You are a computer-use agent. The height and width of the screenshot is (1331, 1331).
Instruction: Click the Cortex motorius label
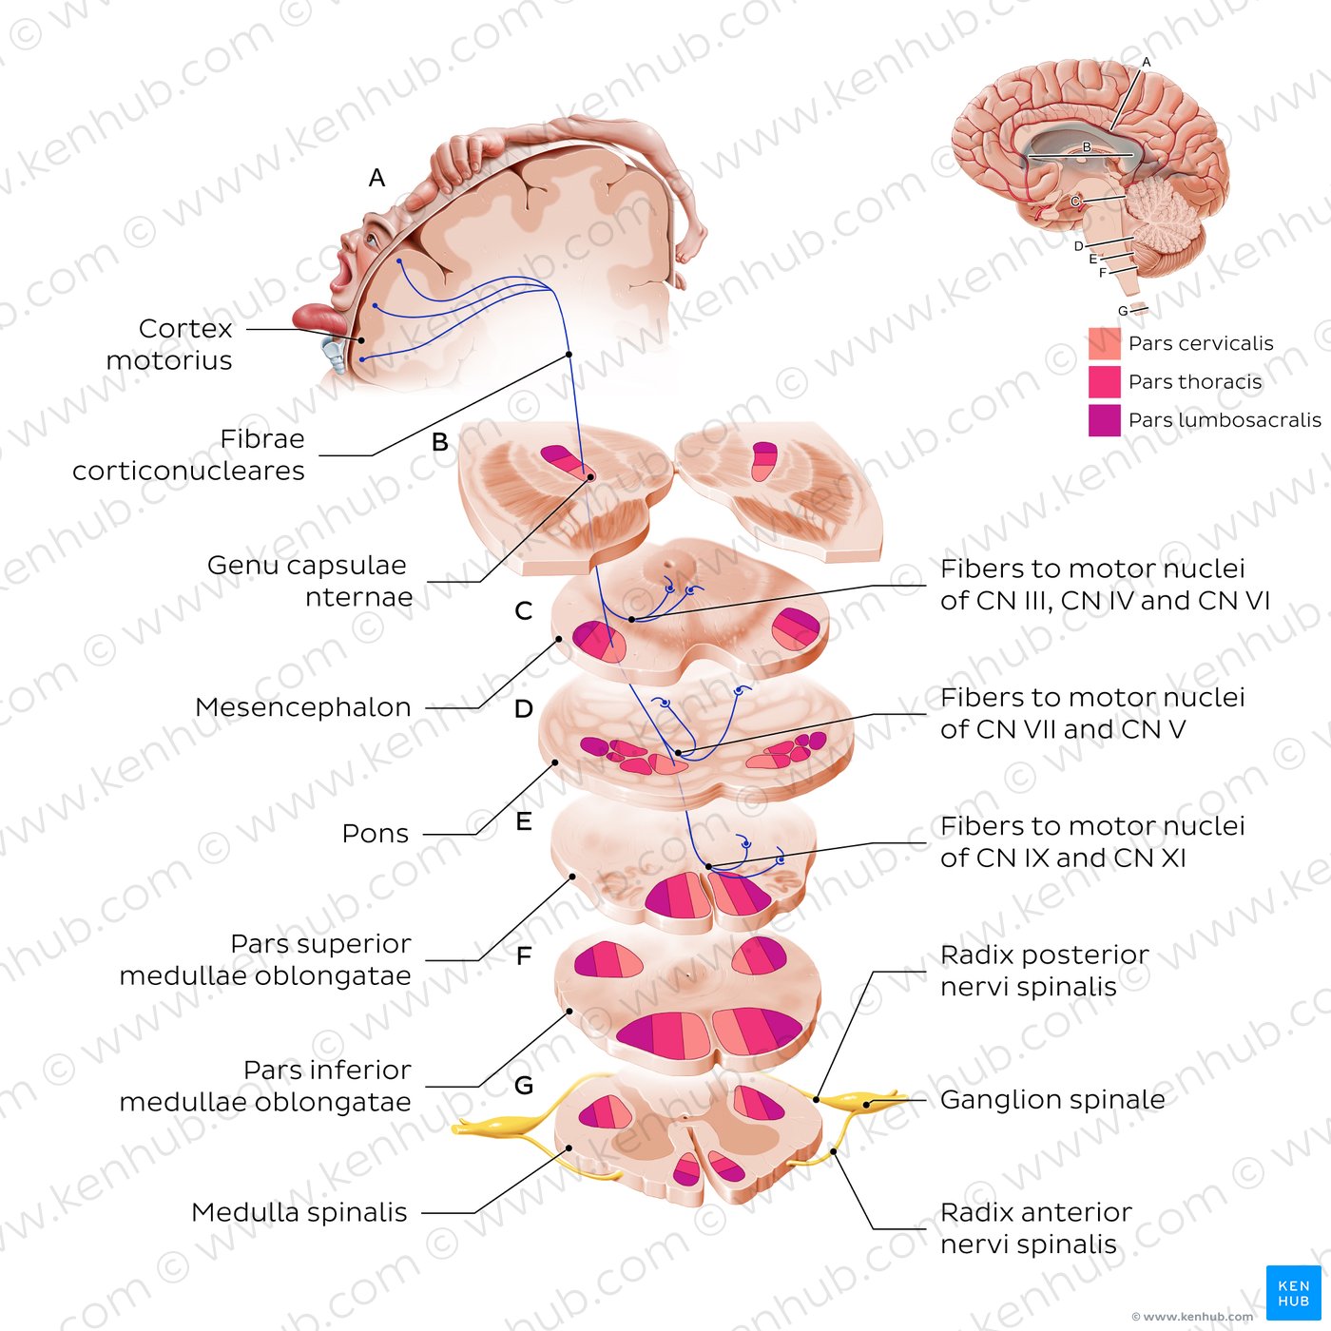(171, 344)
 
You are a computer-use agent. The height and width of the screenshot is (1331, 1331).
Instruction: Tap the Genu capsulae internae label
(310, 581)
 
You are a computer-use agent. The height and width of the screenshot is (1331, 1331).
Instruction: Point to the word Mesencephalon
(303, 707)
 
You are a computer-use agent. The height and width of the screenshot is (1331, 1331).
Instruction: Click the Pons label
(376, 834)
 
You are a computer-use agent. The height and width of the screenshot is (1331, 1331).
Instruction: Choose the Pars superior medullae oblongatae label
(266, 960)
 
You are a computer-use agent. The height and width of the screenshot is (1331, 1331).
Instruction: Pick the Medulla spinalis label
(299, 1212)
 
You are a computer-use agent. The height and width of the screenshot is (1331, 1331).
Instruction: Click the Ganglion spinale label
(1052, 1100)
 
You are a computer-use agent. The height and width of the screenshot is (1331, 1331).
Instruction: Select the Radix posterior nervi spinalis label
(1044, 971)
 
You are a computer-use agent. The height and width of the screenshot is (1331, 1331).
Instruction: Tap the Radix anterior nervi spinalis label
(1035, 1228)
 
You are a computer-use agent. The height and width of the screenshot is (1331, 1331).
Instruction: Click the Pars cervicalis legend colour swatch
(1104, 343)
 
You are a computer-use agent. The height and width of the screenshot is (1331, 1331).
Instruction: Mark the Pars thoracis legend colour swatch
(1104, 381)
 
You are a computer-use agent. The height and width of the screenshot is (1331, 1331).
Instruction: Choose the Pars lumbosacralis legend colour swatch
(1104, 420)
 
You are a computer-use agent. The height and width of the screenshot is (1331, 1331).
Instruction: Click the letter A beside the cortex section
(376, 178)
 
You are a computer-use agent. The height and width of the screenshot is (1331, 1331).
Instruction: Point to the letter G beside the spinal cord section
(523, 1085)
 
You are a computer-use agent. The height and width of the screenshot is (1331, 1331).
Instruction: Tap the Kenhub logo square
(1293, 1293)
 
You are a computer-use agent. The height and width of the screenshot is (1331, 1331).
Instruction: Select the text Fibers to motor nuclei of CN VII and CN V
(1091, 713)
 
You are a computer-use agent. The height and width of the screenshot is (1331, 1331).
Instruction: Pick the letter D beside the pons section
(523, 709)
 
